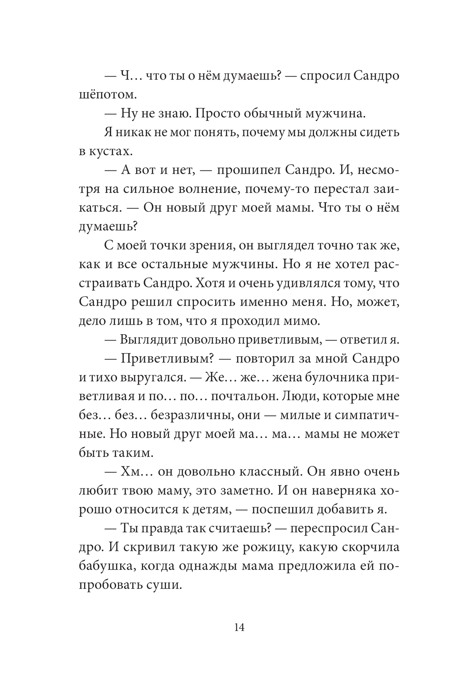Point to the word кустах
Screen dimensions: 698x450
tap(105, 152)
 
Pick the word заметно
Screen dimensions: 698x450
tap(246, 491)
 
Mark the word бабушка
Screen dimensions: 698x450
tap(106, 567)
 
